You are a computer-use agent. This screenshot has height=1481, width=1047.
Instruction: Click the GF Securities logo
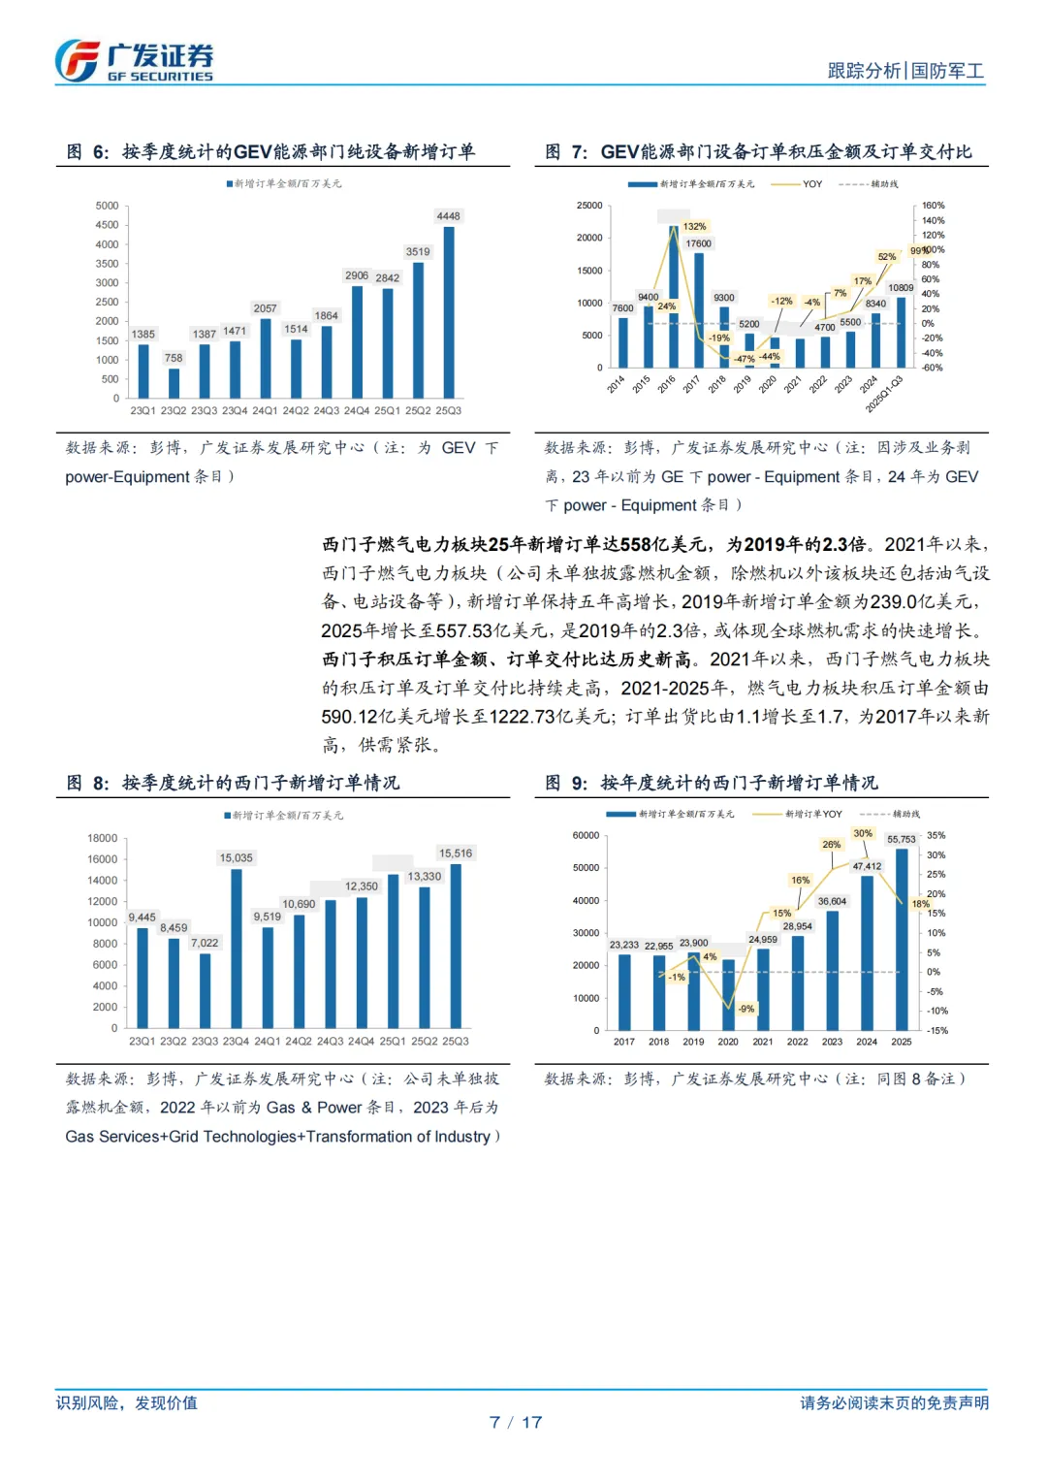click(x=134, y=61)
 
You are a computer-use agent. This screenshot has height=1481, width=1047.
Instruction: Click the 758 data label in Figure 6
click(x=174, y=358)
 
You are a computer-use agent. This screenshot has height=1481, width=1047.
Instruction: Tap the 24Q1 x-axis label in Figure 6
click(x=265, y=410)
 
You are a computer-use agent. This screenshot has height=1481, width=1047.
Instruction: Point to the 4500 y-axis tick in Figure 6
click(x=108, y=225)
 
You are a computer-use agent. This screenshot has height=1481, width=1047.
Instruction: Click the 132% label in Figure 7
click(x=695, y=226)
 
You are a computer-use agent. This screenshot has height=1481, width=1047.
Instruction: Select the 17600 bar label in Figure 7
click(x=698, y=243)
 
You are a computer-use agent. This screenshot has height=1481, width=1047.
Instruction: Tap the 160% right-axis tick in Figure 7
click(x=933, y=206)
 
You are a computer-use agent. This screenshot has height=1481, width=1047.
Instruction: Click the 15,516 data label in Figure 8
click(x=456, y=853)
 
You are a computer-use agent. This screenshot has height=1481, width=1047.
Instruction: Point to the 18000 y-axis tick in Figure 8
click(x=102, y=838)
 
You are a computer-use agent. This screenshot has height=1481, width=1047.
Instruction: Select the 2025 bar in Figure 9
click(x=902, y=939)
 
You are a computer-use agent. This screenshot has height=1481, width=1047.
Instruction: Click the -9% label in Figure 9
click(x=746, y=1009)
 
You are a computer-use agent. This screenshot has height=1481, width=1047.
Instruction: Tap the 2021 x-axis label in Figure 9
click(x=763, y=1042)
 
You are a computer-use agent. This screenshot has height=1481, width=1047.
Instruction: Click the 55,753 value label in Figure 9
click(x=902, y=840)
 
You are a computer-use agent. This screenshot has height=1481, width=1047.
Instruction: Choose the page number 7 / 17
click(x=516, y=1422)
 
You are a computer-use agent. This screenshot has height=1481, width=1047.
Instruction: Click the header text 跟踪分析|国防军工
click(x=905, y=71)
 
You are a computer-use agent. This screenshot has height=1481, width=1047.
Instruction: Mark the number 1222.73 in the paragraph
click(x=523, y=717)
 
